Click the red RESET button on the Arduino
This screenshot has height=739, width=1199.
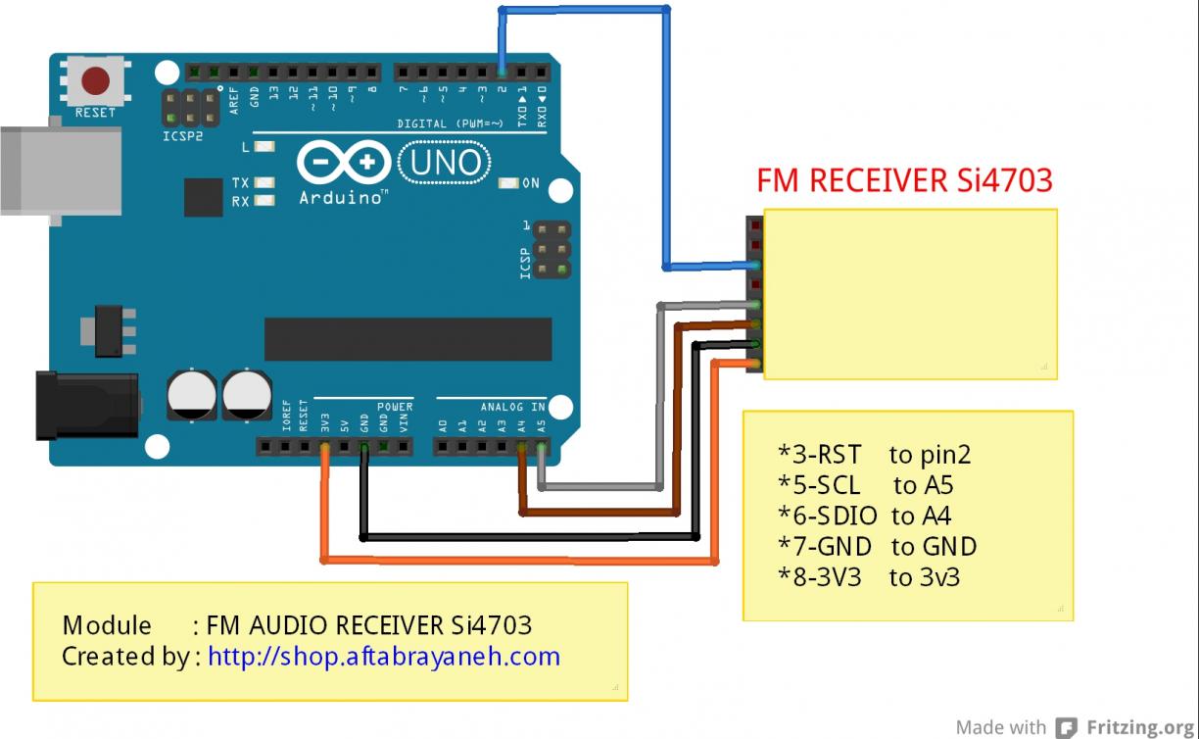coord(95,79)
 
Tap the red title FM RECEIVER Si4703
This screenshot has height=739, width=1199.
coord(904,180)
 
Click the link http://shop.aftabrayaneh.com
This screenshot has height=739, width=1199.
coord(384,656)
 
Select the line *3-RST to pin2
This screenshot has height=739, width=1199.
coord(874,455)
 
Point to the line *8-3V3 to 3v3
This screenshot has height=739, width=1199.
coord(868,577)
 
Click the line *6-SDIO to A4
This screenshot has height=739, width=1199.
coord(864,516)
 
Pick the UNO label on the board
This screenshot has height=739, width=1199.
coord(446,162)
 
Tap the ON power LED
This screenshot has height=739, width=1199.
coord(508,183)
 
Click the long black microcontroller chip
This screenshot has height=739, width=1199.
coord(408,339)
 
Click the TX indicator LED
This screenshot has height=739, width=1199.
coord(264,183)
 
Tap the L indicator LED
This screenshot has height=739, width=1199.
coord(264,147)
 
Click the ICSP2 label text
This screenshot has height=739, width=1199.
coord(182,136)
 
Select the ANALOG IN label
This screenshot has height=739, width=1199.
coord(512,406)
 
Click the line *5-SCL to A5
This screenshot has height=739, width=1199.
coord(865,485)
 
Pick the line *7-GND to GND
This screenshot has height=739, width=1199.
coord(877,546)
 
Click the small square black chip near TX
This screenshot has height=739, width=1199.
coord(203,197)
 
